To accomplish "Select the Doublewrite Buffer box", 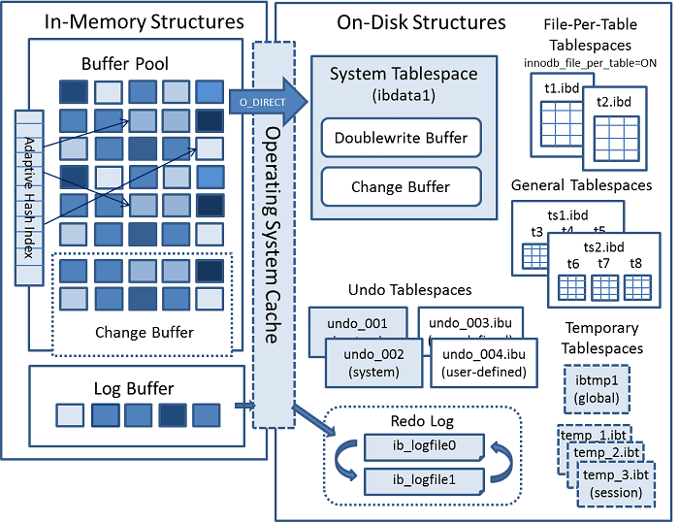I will (401, 138).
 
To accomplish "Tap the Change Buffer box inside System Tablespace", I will (401, 186).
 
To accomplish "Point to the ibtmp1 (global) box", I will (595, 389).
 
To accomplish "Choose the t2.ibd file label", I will (614, 101).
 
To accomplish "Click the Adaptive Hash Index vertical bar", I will (28, 199).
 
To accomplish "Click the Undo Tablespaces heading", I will (409, 290).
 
